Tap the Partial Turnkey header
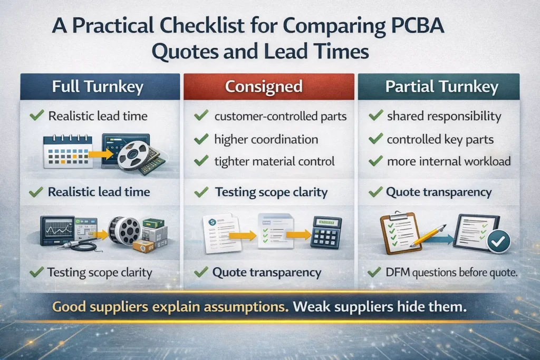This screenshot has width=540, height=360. (441, 87)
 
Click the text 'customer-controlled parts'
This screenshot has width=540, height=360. (280, 116)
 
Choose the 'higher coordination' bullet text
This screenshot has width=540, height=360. (266, 139)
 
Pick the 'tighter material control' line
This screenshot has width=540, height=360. (274, 161)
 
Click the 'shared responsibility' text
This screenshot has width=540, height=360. (443, 116)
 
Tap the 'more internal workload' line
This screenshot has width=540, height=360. (449, 161)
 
